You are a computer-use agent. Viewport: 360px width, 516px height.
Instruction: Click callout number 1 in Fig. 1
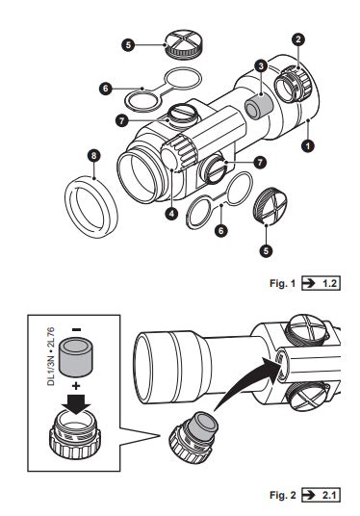(x=308, y=145)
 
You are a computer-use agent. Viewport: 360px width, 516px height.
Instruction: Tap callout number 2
(x=298, y=39)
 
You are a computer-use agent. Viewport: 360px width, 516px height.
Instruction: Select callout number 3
(x=261, y=66)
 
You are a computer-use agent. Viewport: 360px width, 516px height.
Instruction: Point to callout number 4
(x=171, y=214)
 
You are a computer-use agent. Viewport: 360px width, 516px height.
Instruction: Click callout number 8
(x=93, y=155)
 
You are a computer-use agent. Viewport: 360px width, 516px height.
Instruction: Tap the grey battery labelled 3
(x=259, y=106)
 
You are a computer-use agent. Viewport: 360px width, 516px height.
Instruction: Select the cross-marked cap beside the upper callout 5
(x=183, y=45)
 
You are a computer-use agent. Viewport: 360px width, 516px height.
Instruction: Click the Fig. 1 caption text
(x=283, y=283)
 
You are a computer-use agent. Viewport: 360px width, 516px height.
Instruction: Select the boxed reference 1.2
(x=321, y=283)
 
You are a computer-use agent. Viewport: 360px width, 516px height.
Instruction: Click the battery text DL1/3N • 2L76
(x=51, y=357)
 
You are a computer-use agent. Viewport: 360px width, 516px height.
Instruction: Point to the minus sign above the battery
(x=76, y=330)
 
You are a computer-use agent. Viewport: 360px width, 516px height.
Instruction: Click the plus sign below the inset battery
(x=76, y=386)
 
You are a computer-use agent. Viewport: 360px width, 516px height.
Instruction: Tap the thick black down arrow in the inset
(x=76, y=403)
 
